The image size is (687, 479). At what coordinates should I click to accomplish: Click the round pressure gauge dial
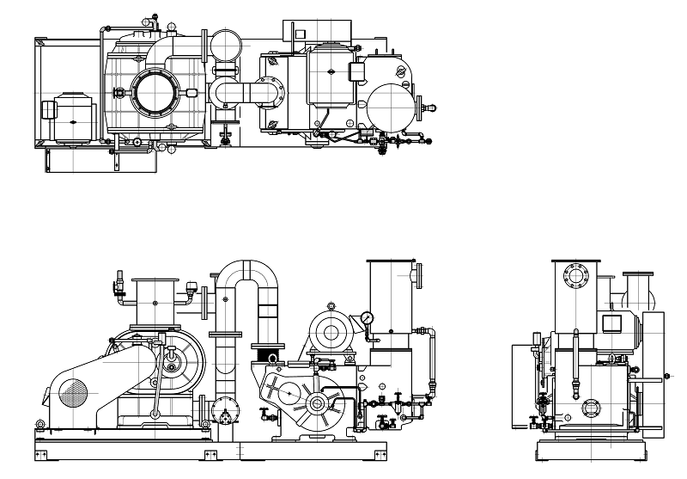click(x=368, y=317)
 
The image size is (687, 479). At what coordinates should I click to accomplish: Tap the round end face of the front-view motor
click(x=326, y=329)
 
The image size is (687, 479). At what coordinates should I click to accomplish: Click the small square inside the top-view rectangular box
click(x=300, y=34)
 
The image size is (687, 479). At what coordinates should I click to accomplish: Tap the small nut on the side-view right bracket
click(x=666, y=377)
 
